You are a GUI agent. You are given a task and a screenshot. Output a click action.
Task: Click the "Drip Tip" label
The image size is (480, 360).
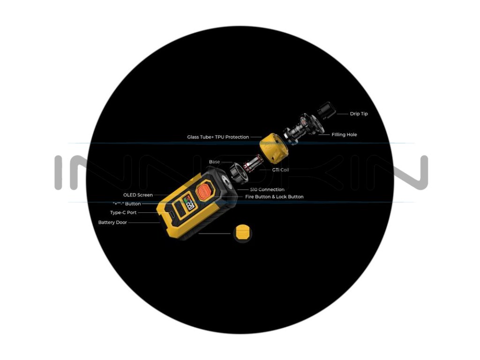[x=359, y=114]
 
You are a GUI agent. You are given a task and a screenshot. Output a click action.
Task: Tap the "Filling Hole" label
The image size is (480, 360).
[x=344, y=135]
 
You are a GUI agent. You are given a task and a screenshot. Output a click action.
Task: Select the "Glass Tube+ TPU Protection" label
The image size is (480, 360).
[x=217, y=137]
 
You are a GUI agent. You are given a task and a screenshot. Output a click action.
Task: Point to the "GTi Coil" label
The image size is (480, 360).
[x=280, y=170]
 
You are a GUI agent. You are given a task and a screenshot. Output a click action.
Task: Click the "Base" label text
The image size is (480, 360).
[x=214, y=162]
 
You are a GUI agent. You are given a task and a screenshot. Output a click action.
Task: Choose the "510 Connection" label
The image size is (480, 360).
[x=267, y=189]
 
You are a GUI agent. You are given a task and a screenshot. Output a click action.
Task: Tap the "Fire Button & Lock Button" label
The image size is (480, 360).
[x=274, y=197]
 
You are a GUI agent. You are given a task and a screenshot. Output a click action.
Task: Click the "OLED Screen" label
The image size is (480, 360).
[x=138, y=195]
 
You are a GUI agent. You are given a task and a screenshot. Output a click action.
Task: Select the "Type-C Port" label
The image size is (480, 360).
[x=123, y=212]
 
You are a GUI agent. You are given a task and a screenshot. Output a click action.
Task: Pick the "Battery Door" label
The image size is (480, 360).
[x=112, y=222]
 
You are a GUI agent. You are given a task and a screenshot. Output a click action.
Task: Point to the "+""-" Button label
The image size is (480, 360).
[x=127, y=204]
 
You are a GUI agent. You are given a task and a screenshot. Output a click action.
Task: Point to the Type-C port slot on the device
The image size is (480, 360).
[x=170, y=213]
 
